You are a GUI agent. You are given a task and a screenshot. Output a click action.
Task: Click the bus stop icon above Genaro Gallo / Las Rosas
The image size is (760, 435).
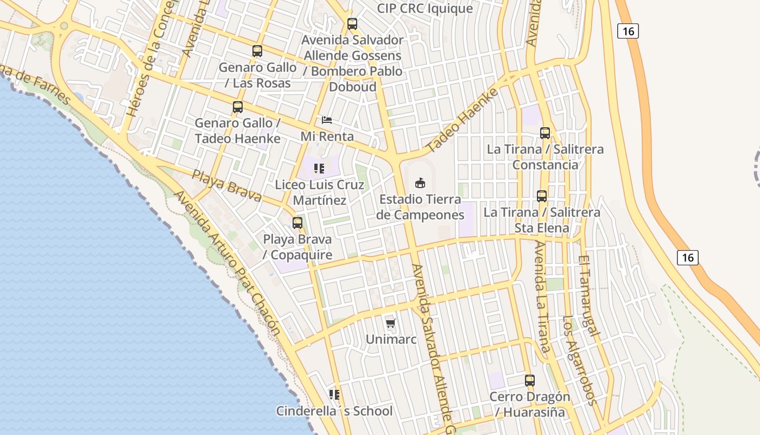coord(257,51)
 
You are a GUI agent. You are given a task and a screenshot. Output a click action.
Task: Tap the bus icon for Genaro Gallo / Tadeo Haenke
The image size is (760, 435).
coord(238,107)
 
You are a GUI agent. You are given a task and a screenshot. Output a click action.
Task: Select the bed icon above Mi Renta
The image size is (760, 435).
coord(326,120)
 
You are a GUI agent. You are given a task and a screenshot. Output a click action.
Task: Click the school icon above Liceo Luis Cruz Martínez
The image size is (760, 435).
coord(319,169)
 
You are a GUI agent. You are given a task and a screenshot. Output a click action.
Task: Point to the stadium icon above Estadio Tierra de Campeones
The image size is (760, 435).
coord(420,183)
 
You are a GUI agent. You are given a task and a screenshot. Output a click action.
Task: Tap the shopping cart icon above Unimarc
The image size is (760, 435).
coord(390,324)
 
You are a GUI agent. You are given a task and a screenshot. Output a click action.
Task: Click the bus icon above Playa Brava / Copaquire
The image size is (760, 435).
coord(297,222)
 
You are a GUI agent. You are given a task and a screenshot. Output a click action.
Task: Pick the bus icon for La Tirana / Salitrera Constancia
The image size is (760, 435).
coord(545,133)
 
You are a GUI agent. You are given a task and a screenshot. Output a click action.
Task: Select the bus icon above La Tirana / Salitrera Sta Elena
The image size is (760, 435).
coord(542,196)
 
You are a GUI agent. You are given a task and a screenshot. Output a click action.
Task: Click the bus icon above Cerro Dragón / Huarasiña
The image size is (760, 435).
coord(530,381)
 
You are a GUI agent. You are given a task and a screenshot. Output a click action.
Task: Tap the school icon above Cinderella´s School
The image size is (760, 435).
coord(334,394)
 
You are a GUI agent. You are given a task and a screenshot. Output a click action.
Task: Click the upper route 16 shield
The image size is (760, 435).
coord(628,31)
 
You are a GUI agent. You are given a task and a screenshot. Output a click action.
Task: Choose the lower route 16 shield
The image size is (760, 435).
coord(688,257)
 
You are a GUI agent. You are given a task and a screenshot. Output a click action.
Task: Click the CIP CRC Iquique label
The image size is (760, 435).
coord(425,9)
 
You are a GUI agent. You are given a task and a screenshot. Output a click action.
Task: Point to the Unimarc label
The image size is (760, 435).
coord(391,339)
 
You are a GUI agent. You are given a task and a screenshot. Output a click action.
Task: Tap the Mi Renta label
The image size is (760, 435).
coord(327,136)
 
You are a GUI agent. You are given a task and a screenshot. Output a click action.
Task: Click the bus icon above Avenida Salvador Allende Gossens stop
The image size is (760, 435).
coord(352,24)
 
